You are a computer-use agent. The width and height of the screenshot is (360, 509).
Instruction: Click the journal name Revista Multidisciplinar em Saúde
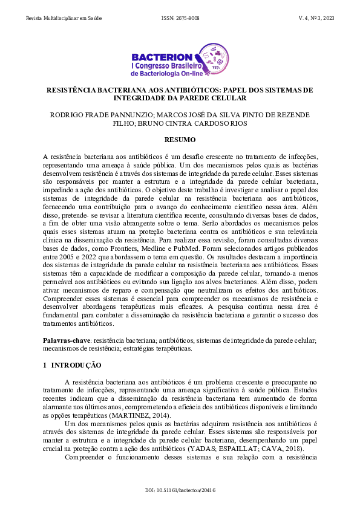tap(64, 19)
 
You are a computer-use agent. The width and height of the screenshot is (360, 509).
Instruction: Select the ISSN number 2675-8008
tap(180, 19)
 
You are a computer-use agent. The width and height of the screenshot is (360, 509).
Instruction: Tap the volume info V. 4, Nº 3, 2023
tap(316, 19)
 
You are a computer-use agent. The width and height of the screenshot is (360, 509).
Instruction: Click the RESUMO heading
tap(180, 140)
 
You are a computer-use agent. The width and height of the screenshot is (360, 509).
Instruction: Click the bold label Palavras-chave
tap(62, 341)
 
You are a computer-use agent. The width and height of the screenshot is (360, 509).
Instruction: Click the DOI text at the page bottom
tap(180, 490)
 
